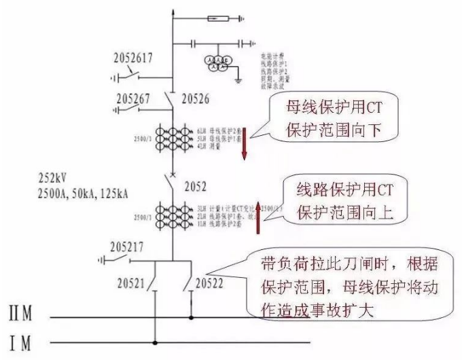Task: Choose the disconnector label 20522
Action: pyautogui.click(x=211, y=281)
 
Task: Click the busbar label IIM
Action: pyautogui.click(x=22, y=315)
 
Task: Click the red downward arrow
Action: pyautogui.click(x=245, y=141)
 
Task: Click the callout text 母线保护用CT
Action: pyautogui.click(x=326, y=106)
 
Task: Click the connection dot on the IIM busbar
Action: pyautogui.click(x=190, y=317)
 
